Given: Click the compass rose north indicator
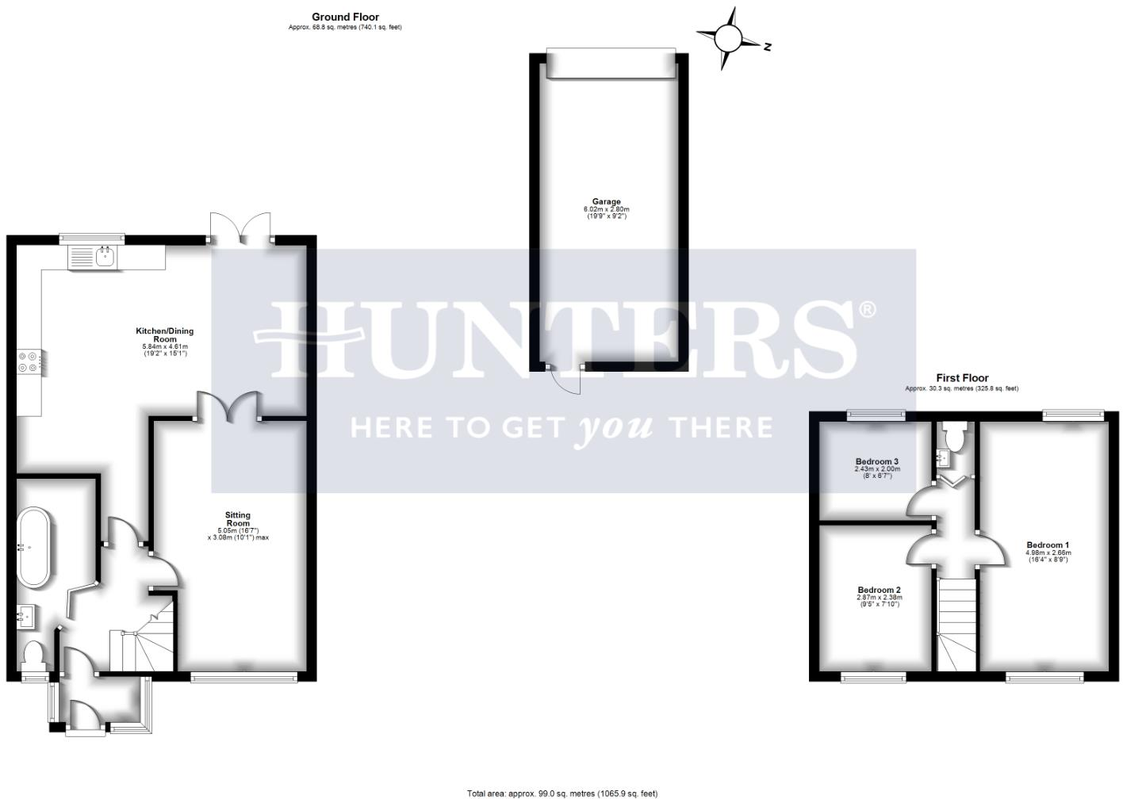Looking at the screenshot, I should [728, 37].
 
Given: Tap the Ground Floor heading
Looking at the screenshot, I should [345, 17].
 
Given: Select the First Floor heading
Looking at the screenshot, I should [962, 378].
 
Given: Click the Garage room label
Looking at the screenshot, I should [606, 201].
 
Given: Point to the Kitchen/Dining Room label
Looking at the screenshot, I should [164, 335].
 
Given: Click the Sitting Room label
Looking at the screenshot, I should [238, 519].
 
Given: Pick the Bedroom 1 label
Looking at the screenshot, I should [1048, 545].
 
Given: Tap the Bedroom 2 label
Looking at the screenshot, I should [879, 590].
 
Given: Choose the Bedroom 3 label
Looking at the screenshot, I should [876, 461].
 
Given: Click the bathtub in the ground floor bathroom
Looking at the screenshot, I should [34, 547].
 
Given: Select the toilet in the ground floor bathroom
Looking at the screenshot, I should [34, 655].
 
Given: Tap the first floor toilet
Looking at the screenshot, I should [956, 436].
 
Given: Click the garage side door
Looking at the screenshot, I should [568, 380].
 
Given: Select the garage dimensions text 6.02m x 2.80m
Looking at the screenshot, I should [606, 209].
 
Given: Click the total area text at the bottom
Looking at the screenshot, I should [561, 793].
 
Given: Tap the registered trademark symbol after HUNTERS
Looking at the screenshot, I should [868, 309].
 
